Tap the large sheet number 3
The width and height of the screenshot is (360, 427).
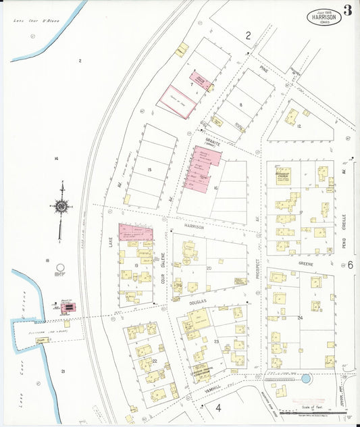pyautogui.click(x=347, y=10)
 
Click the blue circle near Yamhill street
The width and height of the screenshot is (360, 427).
pyautogui.click(x=306, y=379)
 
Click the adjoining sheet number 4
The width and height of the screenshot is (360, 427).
pyautogui.click(x=218, y=407)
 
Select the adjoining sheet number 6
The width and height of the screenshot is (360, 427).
pyautogui.click(x=351, y=264)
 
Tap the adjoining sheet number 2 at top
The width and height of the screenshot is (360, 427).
pyautogui.click(x=248, y=35)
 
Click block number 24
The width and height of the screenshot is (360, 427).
pyautogui.click(x=299, y=317)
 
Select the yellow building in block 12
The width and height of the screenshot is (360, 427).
pyautogui.click(x=292, y=116)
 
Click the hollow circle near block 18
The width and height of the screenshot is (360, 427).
pyautogui.click(x=59, y=268)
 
